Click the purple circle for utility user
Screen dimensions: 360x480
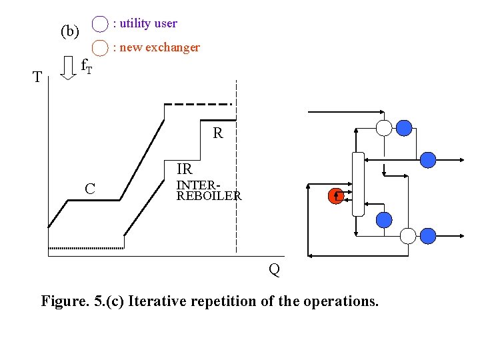(99, 24)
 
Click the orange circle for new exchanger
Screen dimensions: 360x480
(99, 48)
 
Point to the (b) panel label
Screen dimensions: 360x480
(69, 31)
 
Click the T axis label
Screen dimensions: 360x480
(38, 77)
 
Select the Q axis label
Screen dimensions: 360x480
(273, 269)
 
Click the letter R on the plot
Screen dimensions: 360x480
(218, 133)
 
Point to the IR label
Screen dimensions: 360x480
(184, 169)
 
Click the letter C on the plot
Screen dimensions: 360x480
(89, 189)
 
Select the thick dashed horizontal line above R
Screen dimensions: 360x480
(198, 104)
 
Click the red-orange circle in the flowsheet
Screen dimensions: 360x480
(336, 196)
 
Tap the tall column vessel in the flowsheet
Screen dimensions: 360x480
(358, 184)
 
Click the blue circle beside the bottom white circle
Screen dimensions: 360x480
(428, 235)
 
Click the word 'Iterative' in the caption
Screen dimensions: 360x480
(158, 301)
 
